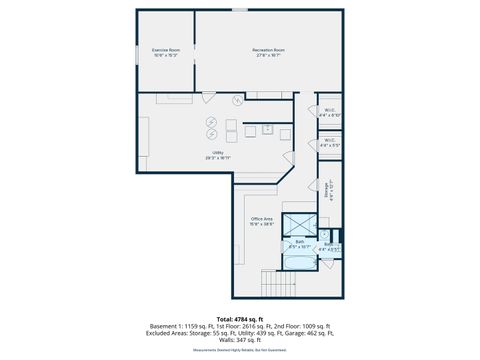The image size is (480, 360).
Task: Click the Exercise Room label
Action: point(166,49)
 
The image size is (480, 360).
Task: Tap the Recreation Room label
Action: point(269,49)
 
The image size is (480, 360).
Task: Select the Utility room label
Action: point(217,152)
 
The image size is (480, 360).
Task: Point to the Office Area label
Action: point(262,219)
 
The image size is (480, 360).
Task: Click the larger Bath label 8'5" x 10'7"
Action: point(300,241)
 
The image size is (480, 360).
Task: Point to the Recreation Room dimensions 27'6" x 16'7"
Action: point(269,55)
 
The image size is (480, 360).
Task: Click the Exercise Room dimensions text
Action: point(166,55)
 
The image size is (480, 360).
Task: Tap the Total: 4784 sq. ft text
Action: point(240,318)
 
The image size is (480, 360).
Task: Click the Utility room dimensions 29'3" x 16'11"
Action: point(217,158)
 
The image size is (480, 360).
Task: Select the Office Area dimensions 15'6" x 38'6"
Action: point(262,225)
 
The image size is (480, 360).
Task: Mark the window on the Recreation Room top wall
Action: point(240,10)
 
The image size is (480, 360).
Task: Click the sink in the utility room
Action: point(267,128)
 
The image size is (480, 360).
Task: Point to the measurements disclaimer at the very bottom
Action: point(240,350)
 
